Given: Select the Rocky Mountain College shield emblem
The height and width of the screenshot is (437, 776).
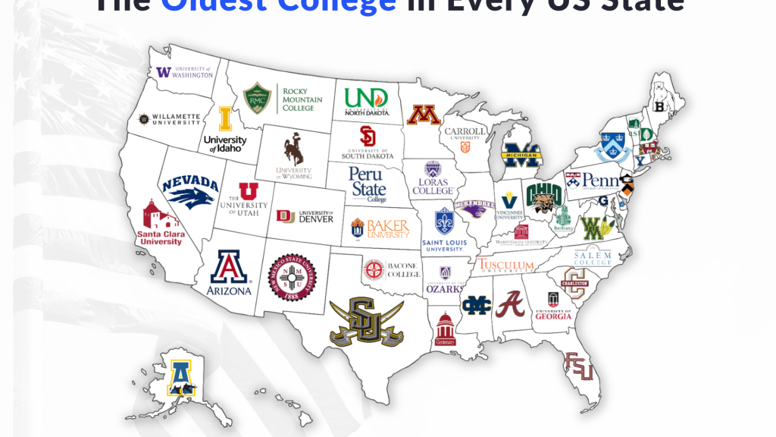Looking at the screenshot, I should click(257, 99).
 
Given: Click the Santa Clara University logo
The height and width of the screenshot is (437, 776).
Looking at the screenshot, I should click(159, 224).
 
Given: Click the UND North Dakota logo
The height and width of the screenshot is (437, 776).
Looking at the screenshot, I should click(366, 99).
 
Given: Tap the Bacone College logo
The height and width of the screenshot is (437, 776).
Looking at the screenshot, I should click(391, 269).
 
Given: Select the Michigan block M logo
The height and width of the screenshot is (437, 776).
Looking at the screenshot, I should click(521, 155).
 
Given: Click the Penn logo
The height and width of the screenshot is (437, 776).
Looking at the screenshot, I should click(593, 182).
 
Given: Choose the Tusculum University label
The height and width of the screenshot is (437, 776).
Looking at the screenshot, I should click(505, 265).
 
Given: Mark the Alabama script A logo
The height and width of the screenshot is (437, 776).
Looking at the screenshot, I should click(510, 303).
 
